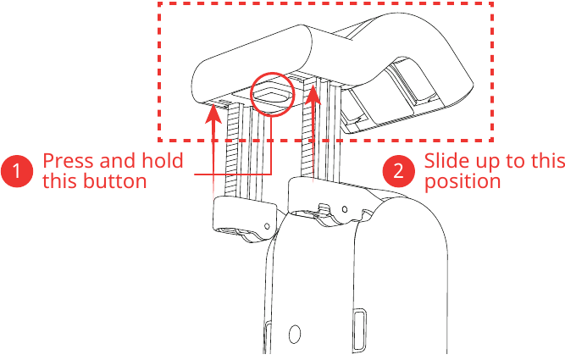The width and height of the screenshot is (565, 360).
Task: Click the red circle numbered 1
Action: point(17,171)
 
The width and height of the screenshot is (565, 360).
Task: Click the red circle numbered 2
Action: point(398,171)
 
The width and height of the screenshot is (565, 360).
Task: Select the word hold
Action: point(163,160)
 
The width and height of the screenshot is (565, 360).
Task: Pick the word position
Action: point(463,182)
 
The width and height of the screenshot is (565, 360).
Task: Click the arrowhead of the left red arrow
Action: point(213,114)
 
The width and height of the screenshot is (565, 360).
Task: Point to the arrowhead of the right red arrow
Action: point(313,94)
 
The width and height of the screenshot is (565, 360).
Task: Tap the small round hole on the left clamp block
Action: point(267,226)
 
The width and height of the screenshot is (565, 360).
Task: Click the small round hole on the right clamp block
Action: point(345,209)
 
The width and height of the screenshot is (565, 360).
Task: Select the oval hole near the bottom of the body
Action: point(295,334)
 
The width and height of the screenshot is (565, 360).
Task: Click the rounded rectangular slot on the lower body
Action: point(360,329)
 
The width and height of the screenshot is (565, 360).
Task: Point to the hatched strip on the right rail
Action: point(307,130)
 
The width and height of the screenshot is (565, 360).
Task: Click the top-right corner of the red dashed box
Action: point(492,3)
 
